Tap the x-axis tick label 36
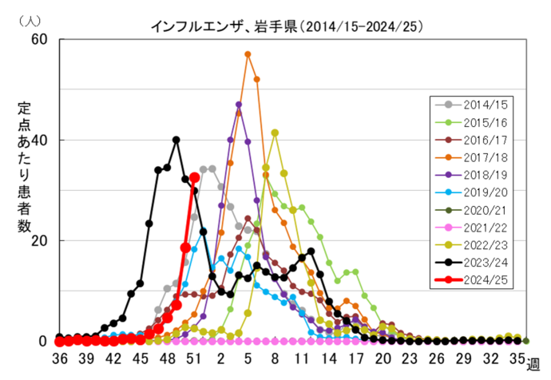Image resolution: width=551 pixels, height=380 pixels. (x=59, y=358)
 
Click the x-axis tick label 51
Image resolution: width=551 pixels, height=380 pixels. (x=193, y=358)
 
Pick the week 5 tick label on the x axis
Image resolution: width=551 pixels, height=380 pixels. (x=248, y=358)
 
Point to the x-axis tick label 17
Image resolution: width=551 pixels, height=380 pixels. (x=355, y=358)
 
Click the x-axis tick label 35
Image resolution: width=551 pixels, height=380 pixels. (x=517, y=358)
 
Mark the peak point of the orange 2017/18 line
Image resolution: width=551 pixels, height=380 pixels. (x=248, y=54)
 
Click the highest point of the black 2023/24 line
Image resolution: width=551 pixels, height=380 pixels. (x=176, y=140)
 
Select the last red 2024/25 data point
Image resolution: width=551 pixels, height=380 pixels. (x=194, y=177)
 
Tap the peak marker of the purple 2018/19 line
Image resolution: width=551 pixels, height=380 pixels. (x=239, y=105)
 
